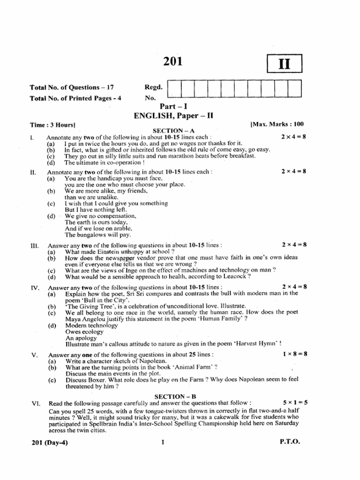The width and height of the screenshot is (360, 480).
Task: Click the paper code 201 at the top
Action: pyautogui.click(x=173, y=62)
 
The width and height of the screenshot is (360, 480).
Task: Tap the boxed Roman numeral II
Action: pyautogui.click(x=284, y=64)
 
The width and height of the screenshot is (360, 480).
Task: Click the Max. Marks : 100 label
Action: pyautogui.click(x=277, y=124)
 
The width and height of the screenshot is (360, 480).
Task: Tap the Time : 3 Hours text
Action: pyautogui.click(x=53, y=125)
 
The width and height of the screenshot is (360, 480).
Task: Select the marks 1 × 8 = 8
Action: pyautogui.click(x=295, y=354)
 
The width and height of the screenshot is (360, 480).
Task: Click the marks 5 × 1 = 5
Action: pyautogui.click(x=295, y=403)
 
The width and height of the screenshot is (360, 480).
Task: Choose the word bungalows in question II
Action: pyautogui.click(x=95, y=234)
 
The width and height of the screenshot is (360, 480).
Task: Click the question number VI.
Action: pyautogui.click(x=34, y=403)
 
